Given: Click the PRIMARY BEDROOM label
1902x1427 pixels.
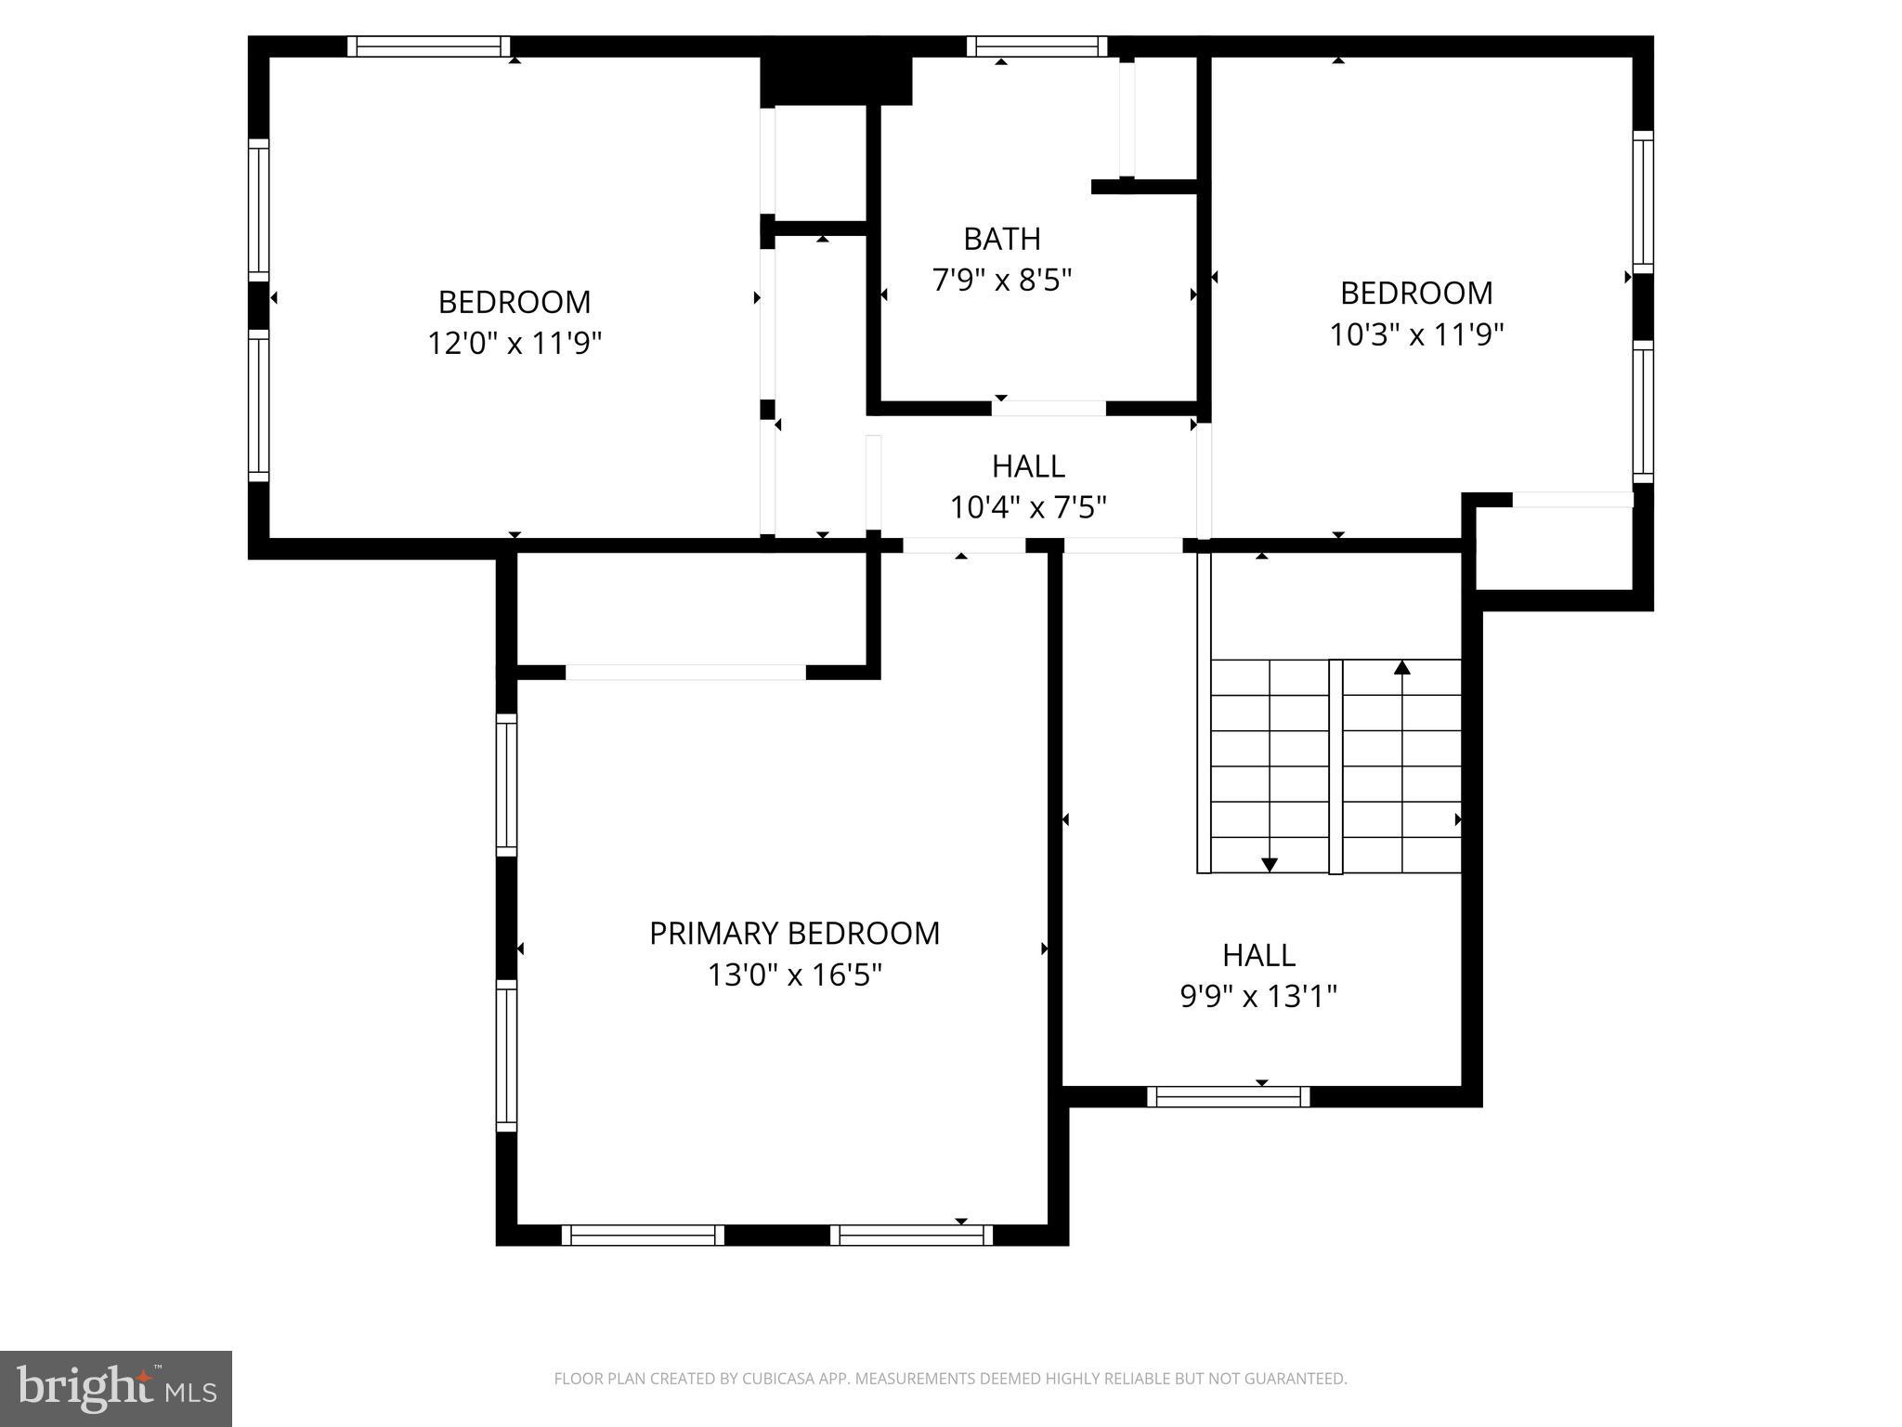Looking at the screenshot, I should [794, 933].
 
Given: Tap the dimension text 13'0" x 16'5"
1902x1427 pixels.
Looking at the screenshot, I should [794, 975].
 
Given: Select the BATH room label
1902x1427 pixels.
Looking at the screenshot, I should [1001, 239].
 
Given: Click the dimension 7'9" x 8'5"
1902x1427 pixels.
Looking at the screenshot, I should [1001, 280].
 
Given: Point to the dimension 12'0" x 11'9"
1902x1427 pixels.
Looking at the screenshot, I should [515, 344].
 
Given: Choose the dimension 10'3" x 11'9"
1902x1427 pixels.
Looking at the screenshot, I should [1415, 334].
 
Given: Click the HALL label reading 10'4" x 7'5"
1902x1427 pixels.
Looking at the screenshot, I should [1027, 465].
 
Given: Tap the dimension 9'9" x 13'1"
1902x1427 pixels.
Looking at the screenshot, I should [1257, 997].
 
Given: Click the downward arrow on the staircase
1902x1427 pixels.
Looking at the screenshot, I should [1269, 863].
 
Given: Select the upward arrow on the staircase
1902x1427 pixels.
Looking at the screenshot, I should [1402, 667].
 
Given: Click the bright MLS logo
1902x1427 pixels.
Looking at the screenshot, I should [115, 1388].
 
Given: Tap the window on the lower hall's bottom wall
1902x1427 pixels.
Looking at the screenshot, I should [1228, 1097].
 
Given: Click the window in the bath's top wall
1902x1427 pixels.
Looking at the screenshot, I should [1036, 46].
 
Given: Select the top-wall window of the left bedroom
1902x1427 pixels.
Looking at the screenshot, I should [429, 46].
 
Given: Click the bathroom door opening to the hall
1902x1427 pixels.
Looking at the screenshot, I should [1049, 408].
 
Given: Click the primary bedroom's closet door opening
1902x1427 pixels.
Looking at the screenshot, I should [685, 672].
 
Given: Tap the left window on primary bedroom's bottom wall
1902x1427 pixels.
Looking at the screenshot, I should [642, 1235].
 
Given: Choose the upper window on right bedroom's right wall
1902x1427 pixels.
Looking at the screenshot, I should [1642, 202].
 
